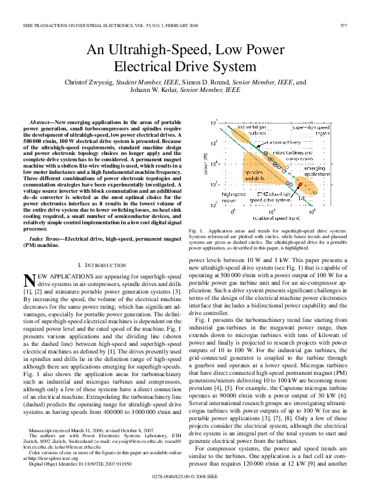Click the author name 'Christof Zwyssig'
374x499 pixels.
click(94, 83)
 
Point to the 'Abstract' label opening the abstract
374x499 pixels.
click(41, 120)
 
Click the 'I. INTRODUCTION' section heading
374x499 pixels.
click(99, 266)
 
